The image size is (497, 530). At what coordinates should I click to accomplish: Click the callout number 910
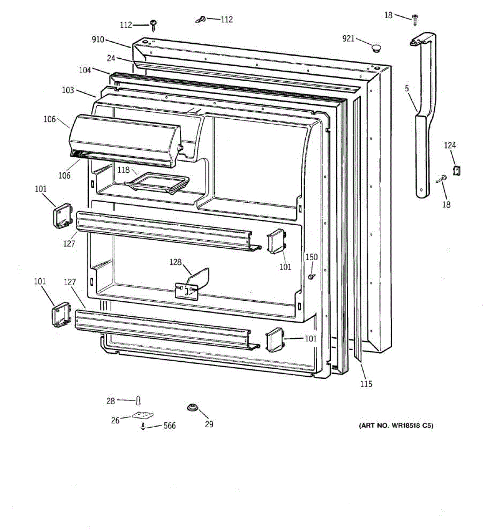pyautogui.click(x=98, y=40)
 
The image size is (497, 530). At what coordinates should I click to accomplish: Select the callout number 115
pyautogui.click(x=366, y=384)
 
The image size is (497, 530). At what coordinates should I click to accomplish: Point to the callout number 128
pyautogui.click(x=175, y=262)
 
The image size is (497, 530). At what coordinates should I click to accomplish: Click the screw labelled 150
pyautogui.click(x=312, y=276)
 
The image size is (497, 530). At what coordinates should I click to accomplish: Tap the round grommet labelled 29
pyautogui.click(x=192, y=408)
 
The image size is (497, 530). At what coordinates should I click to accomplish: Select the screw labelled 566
pyautogui.click(x=143, y=427)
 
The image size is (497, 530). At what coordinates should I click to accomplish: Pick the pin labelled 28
pyautogui.click(x=139, y=401)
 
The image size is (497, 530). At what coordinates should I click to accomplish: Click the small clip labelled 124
pyautogui.click(x=457, y=170)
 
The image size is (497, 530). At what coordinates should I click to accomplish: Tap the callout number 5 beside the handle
pyautogui.click(x=406, y=88)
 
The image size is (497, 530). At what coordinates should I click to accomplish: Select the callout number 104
pyautogui.click(x=85, y=70)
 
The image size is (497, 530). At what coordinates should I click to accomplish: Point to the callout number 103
pyautogui.click(x=68, y=90)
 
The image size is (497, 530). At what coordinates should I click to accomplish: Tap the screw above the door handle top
pyautogui.click(x=415, y=18)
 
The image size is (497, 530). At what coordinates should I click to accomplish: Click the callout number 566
pyautogui.click(x=169, y=426)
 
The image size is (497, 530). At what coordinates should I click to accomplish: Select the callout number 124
pyautogui.click(x=450, y=145)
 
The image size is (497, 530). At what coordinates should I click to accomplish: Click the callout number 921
pyautogui.click(x=348, y=39)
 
